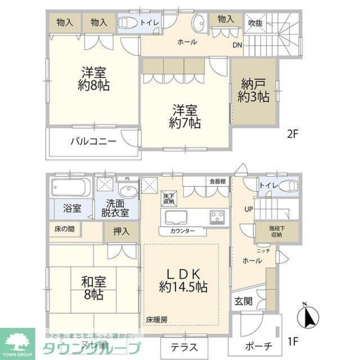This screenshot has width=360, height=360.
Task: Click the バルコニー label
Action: (x=93, y=141)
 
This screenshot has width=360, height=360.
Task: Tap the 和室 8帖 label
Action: (x=93, y=288)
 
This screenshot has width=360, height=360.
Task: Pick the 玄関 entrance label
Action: (x=243, y=301)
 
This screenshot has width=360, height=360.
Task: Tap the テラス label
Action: (x=184, y=347)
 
